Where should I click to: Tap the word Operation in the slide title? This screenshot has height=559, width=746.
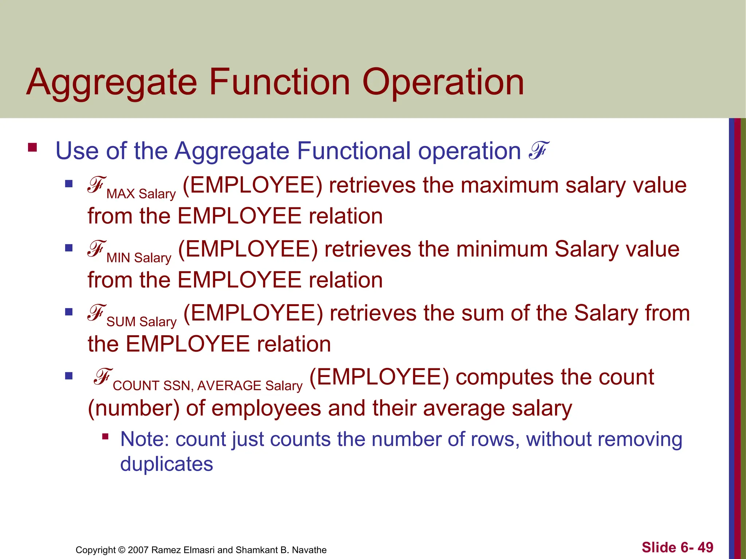[x=443, y=83]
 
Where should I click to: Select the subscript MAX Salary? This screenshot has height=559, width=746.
[x=141, y=194]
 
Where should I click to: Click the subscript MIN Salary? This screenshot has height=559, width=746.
[x=139, y=258]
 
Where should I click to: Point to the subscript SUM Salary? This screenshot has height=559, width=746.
[x=141, y=322]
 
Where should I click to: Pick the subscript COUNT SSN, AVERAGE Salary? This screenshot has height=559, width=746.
[x=208, y=386]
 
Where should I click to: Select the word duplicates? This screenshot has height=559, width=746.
[x=166, y=464]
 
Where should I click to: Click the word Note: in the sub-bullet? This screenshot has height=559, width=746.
[x=145, y=439]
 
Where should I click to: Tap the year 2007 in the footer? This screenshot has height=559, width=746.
[x=138, y=550]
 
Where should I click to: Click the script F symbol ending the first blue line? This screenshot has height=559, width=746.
[x=538, y=151]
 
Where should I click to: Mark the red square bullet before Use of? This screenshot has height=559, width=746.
[x=32, y=147]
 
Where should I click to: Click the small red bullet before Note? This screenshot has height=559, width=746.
[x=105, y=436]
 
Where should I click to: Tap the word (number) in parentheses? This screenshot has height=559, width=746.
[x=134, y=408]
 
